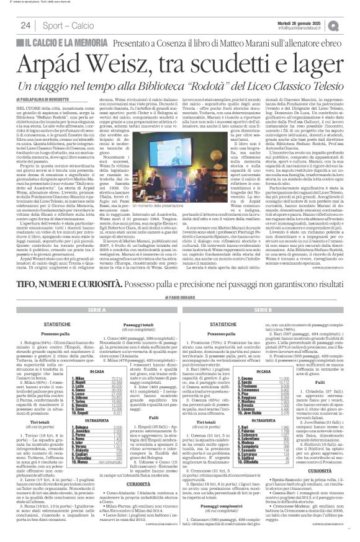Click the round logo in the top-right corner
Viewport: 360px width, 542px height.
coord(351,25)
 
